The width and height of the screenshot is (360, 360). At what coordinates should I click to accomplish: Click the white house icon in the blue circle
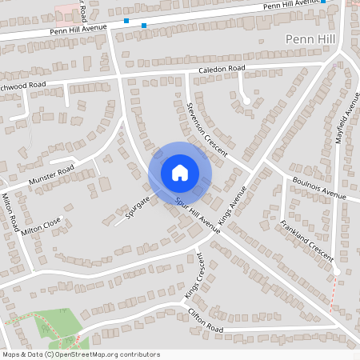click(x=180, y=172)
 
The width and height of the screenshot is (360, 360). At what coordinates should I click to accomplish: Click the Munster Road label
click(x=51, y=174)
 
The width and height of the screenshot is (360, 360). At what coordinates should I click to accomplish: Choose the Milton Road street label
click(x=10, y=212)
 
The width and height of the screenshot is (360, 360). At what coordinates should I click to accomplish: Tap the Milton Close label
click(x=42, y=226)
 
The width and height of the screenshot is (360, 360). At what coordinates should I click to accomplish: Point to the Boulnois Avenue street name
click(x=318, y=190)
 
